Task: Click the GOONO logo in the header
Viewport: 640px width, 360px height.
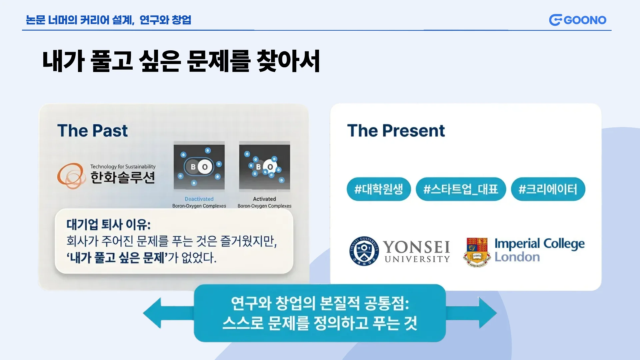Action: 578,20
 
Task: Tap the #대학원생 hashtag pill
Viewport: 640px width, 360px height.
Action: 379,189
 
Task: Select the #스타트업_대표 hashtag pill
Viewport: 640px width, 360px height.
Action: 461,189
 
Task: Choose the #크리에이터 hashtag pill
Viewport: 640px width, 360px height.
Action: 548,189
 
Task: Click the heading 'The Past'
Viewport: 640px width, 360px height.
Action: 92,131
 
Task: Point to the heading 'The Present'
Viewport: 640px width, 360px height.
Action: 396,131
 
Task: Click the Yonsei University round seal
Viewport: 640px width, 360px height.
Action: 364,251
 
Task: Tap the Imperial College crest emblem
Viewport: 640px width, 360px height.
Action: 477,252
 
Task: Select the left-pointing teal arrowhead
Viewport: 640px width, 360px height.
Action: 152,313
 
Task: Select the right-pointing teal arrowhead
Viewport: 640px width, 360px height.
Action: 488,313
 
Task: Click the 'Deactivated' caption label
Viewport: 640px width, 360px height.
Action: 199,199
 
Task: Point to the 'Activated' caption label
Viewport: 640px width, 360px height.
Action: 264,199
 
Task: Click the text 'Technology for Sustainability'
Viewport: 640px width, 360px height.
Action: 123,167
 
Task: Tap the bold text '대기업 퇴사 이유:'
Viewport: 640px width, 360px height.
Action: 108,225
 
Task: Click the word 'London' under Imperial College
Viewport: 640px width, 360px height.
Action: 517,257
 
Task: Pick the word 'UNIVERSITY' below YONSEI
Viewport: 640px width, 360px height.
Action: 417,259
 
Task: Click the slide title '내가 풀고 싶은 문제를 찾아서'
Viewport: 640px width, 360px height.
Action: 181,61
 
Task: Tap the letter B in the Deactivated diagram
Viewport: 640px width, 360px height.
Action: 193,167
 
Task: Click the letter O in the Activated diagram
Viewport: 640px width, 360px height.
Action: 270,167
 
